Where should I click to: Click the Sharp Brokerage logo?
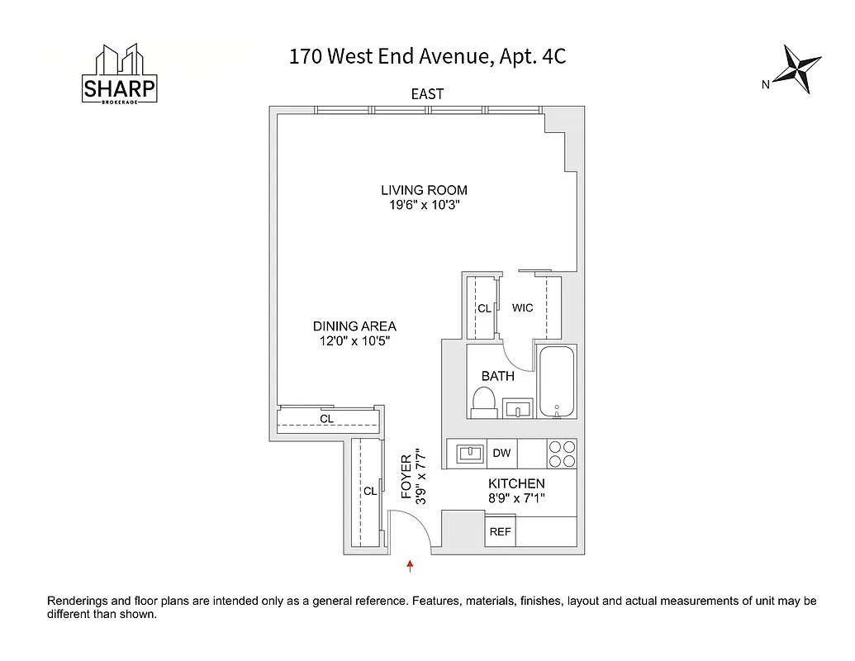click(120, 75)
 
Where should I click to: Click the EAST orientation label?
click(427, 94)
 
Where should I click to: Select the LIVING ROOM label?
click(424, 190)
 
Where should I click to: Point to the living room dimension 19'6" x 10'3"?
click(424, 206)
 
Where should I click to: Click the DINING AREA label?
click(354, 326)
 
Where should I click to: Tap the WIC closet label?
click(522, 307)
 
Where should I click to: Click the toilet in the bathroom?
click(482, 402)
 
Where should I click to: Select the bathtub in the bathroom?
click(557, 382)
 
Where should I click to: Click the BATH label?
click(498, 376)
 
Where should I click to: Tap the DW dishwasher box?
click(501, 453)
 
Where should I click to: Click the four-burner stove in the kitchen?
click(562, 454)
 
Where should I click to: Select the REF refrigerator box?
click(500, 532)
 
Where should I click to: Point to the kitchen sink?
click(468, 453)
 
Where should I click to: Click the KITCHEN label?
click(516, 483)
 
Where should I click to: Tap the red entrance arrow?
click(410, 565)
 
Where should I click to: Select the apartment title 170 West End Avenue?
click(427, 57)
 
